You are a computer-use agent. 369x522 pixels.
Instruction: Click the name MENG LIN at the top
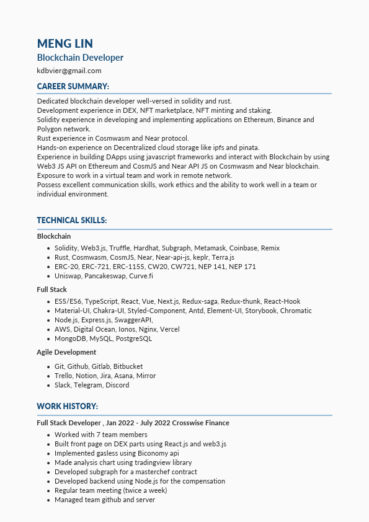coord(64,43)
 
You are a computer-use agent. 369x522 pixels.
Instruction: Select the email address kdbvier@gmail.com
coord(69,71)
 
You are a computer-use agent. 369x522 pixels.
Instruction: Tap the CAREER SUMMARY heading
coord(73,86)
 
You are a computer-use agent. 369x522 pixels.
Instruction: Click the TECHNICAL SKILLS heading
coord(71,220)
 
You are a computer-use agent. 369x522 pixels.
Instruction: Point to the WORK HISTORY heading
coord(67,406)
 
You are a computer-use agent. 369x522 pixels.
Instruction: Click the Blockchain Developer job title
coord(80,58)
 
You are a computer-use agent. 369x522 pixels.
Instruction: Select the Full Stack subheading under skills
coord(52,290)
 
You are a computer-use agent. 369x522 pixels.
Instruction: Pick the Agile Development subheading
coord(66,352)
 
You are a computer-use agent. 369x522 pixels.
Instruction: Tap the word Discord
coord(117,385)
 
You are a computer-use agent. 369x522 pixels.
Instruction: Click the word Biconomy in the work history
coord(134,453)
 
